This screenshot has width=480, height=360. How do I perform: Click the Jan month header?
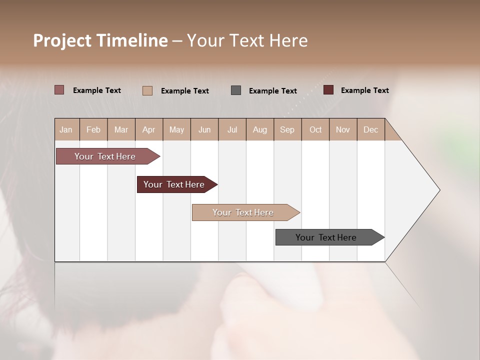pos(66,130)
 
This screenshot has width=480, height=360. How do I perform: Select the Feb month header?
pos(93,130)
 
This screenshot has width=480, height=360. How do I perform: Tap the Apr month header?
pos(149,130)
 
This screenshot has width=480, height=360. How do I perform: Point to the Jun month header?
pos(204,130)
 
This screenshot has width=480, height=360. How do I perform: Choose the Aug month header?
pos(260,130)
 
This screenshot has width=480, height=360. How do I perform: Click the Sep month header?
pos(287,130)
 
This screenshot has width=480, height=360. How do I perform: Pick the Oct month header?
pos(315,130)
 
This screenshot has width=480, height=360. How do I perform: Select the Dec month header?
pos(370,130)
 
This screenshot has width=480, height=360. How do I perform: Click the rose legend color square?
pos(59,90)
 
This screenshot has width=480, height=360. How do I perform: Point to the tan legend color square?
pos(147,90)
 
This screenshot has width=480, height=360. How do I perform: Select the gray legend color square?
pos(236,90)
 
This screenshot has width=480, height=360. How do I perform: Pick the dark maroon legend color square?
pos(328,90)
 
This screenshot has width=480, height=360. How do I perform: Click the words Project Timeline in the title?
pos(100,40)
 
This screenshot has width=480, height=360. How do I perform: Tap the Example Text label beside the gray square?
pos(273,91)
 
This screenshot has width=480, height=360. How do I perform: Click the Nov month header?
pos(343,130)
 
